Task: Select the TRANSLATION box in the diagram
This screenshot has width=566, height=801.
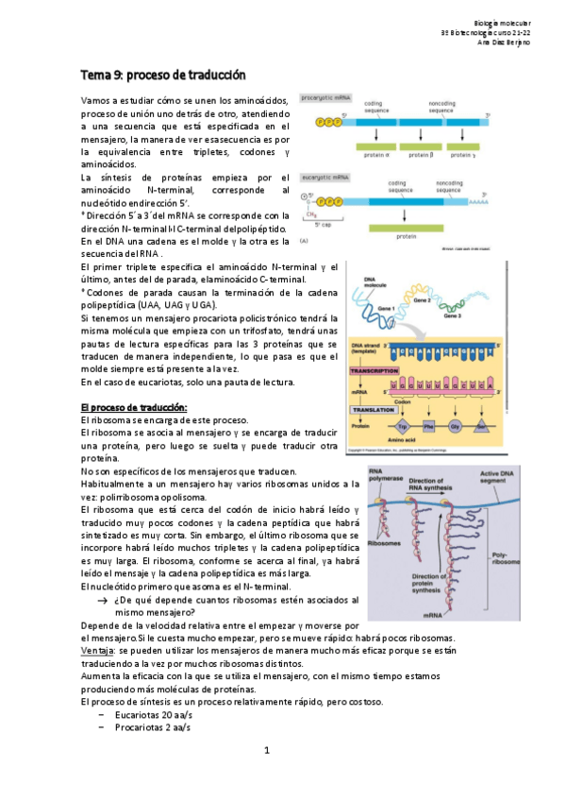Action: point(375,410)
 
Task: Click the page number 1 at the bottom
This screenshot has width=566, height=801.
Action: point(267,751)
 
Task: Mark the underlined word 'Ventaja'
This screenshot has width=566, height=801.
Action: point(96,651)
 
